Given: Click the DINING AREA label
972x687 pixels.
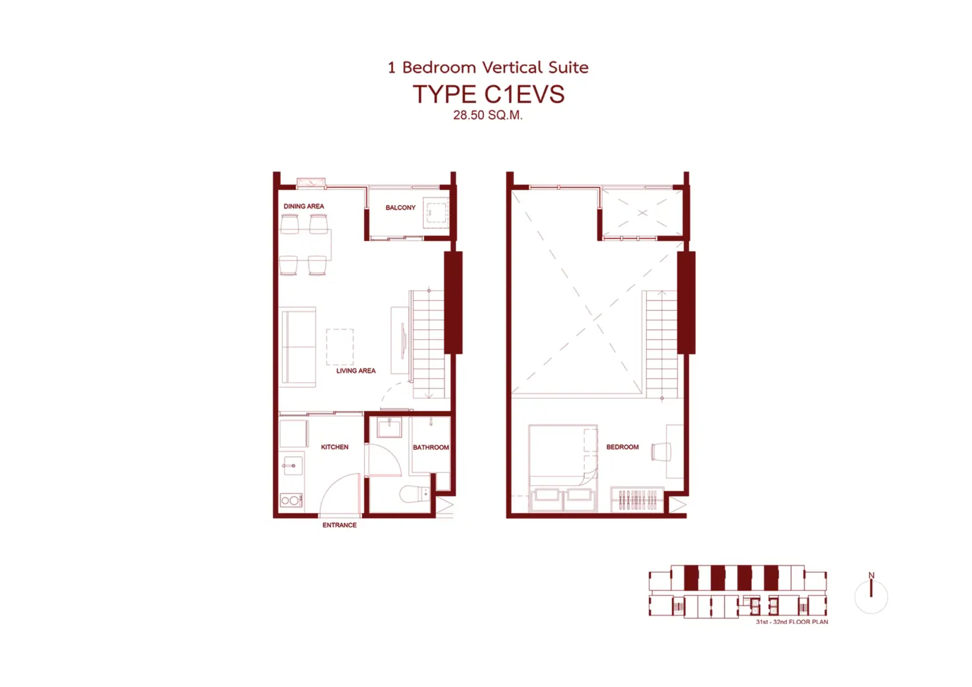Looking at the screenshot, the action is coord(304,206).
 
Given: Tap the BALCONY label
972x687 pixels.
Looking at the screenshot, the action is coord(401,207).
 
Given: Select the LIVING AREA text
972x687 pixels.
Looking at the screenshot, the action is coord(356,371).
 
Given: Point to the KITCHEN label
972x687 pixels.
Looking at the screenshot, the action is coord(335,447).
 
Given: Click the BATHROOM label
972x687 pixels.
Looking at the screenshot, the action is coord(431,448).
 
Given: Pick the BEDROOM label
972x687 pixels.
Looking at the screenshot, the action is coord(623,447).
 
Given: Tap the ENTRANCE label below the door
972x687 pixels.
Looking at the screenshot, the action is coord(339,525).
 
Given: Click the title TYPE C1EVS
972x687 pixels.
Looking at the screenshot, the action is coord(489,94).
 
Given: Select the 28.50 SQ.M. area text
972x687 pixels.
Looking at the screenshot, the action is coord(488,115).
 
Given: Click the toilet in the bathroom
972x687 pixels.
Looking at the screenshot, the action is coord(415,493).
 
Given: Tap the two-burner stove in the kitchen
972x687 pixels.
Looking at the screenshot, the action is coord(291,500).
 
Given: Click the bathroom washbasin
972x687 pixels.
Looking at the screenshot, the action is coord(389,427).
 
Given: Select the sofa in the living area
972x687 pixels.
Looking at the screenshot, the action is coord(298,347).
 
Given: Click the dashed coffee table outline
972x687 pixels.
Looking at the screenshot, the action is coord(340,347).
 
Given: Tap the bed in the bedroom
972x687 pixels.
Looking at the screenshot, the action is coord(563,468).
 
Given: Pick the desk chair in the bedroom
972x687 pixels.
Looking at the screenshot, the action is coord(661,452).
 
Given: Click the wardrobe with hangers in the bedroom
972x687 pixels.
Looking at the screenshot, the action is coord(637,500).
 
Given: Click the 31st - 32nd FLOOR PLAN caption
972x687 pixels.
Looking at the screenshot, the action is coord(792,622).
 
